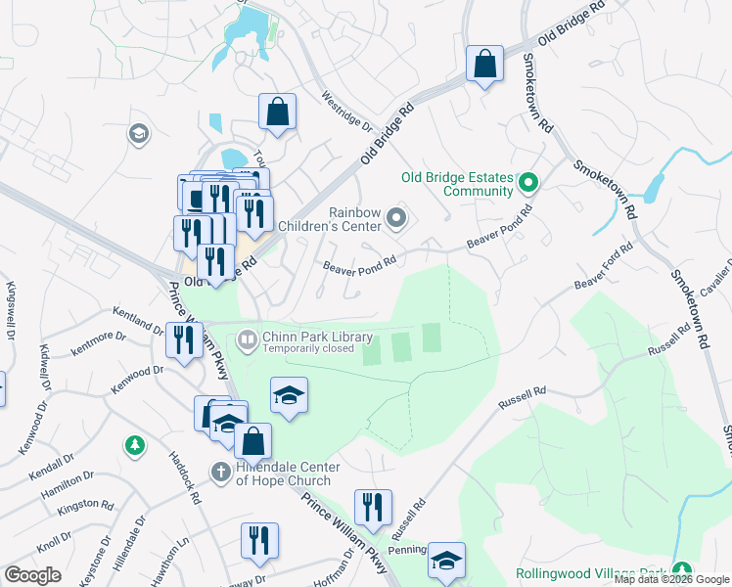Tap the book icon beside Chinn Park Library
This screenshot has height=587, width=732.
click(x=247, y=340)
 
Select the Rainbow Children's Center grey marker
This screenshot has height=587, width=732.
click(x=396, y=218)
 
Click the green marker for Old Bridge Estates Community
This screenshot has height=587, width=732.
click(x=528, y=183)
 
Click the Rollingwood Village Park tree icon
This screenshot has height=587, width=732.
click(x=681, y=571)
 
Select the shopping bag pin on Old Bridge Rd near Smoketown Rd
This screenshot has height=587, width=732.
click(x=483, y=65)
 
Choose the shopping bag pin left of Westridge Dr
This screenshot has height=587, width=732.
click(x=278, y=112)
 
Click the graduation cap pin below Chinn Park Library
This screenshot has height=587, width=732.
click(x=289, y=395)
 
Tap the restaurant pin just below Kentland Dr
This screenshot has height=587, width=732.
click(x=183, y=341)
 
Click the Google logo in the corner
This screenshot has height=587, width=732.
click(x=32, y=574)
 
